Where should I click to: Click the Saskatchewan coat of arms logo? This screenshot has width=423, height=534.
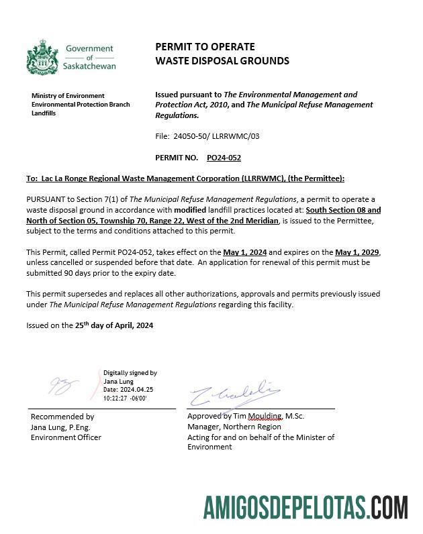click(42, 56)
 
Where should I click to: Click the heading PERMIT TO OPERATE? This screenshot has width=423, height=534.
click(205, 46)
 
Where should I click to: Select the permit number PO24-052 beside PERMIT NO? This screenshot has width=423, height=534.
click(224, 158)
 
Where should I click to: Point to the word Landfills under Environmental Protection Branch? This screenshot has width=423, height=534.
click(44, 113)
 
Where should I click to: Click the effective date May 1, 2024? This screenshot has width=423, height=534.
click(245, 252)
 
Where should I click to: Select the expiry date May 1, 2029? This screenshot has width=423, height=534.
click(357, 252)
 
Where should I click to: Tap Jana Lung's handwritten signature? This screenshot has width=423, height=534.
click(64, 386)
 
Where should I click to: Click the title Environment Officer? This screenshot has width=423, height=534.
click(66, 437)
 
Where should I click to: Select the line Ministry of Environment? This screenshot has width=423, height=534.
click(68, 96)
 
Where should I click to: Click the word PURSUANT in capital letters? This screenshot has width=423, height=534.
click(46, 199)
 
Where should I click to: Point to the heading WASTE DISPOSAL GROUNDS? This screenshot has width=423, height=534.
click(222, 60)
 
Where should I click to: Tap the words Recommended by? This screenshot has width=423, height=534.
click(62, 417)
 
